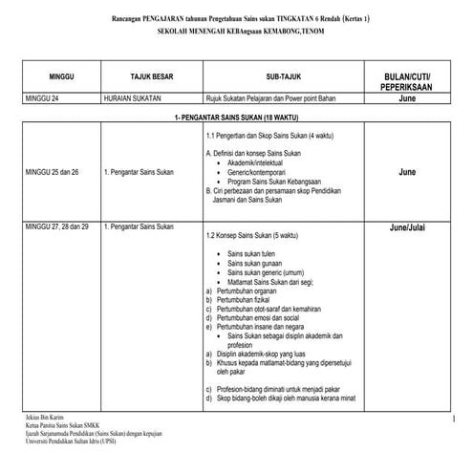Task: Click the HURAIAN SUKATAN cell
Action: pyautogui.click(x=134, y=97)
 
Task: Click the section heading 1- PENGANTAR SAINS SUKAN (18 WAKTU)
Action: pyautogui.click(x=237, y=116)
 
